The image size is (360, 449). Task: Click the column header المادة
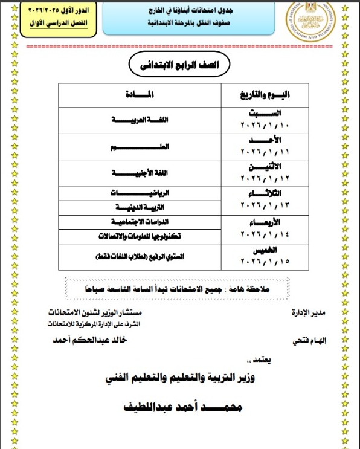tap(141, 95)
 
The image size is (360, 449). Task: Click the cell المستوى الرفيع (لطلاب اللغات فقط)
tap(140, 257)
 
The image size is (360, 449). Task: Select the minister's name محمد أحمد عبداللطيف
tap(181, 409)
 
